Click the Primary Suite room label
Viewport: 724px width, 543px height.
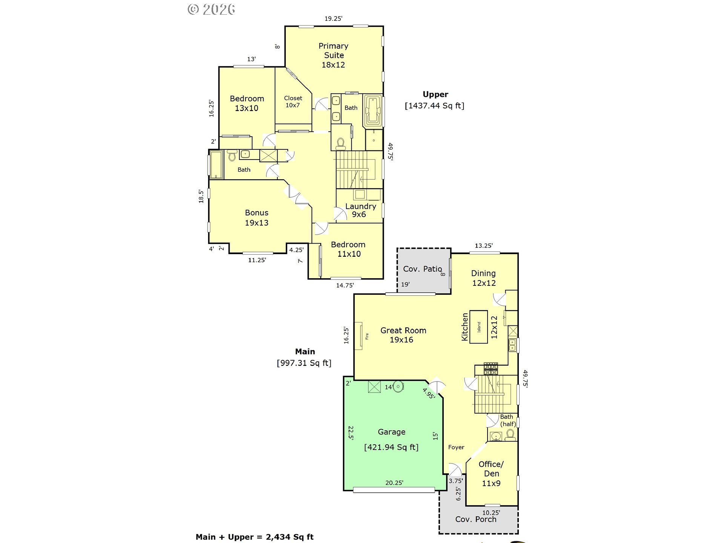pyautogui.click(x=333, y=55)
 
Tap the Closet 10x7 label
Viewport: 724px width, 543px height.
pyautogui.click(x=293, y=101)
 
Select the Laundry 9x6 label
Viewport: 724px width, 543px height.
pyautogui.click(x=360, y=210)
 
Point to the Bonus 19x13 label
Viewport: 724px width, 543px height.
pyautogui.click(x=257, y=218)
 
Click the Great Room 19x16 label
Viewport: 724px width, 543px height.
pyautogui.click(x=403, y=335)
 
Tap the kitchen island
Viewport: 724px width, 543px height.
pyautogui.click(x=479, y=327)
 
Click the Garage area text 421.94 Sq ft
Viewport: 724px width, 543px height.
pyautogui.click(x=391, y=447)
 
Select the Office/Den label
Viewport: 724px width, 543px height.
pyautogui.click(x=491, y=474)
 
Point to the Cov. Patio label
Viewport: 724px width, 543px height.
pyautogui.click(x=422, y=269)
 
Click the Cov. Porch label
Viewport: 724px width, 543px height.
pyautogui.click(x=476, y=519)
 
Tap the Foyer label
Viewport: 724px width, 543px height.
pyautogui.click(x=456, y=447)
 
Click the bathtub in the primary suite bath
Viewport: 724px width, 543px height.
pyautogui.click(x=373, y=111)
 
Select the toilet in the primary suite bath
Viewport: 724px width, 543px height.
pyautogui.click(x=341, y=144)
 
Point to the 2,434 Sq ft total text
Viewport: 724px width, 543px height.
pyautogui.click(x=290, y=537)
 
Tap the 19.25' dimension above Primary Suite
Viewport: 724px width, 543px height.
pyautogui.click(x=333, y=18)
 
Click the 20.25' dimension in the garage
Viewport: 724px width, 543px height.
pyautogui.click(x=394, y=483)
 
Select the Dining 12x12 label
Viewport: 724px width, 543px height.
pyautogui.click(x=483, y=278)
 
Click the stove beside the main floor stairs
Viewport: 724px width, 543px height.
pyautogui.click(x=491, y=369)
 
